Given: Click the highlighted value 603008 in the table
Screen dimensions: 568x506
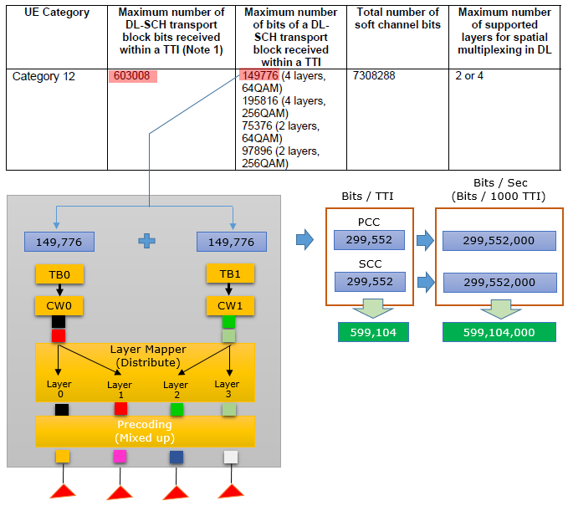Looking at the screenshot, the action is (132, 76).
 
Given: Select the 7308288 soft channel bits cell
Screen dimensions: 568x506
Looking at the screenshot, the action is (374, 76).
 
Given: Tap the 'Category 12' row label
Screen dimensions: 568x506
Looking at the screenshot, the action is (43, 76).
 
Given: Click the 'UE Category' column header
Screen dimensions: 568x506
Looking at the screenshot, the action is (57, 13).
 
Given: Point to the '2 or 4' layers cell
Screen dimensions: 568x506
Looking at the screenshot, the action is (469, 76).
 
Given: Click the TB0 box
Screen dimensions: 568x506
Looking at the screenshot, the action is (59, 274).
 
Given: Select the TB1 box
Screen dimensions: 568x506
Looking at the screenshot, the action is (230, 273).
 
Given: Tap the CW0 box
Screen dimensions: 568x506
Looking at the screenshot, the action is (59, 306).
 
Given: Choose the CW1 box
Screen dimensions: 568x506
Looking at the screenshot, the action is (230, 306).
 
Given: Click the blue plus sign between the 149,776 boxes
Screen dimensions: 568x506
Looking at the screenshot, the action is (146, 241).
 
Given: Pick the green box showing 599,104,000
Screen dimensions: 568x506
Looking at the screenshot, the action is (499, 332).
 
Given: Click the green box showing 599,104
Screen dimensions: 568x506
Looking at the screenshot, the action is (373, 332).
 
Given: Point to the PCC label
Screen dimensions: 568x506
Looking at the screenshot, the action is (369, 222).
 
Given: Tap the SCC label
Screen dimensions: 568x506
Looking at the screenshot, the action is (371, 263).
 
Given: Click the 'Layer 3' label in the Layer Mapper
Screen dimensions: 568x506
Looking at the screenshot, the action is (228, 389).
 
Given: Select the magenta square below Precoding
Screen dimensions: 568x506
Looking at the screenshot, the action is (120, 457).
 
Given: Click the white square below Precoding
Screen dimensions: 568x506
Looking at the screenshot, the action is (231, 457).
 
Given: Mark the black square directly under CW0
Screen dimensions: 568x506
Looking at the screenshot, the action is (59, 322).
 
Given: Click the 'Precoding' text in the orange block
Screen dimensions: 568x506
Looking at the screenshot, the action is (145, 424).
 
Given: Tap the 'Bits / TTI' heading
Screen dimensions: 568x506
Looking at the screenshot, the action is (368, 196).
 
